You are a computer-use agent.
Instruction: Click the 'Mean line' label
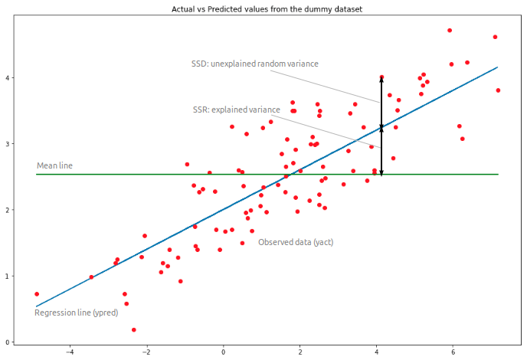pyautogui.click(x=54, y=165)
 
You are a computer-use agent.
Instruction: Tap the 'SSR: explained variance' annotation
pyautogui.click(x=236, y=110)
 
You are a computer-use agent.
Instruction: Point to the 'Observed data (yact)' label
pyautogui.click(x=296, y=242)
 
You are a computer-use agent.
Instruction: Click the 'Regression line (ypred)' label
pyautogui.click(x=76, y=313)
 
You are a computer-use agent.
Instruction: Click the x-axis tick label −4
pyautogui.click(x=70, y=352)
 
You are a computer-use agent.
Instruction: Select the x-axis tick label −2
pyautogui.click(x=146, y=352)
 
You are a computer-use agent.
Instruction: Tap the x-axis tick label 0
pyautogui.click(x=224, y=352)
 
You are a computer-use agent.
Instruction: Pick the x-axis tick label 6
pyautogui.click(x=453, y=352)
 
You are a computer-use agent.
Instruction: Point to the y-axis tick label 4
pyautogui.click(x=8, y=78)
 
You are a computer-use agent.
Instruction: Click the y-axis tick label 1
pyautogui.click(x=8, y=277)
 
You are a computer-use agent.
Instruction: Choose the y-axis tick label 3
pyautogui.click(x=8, y=144)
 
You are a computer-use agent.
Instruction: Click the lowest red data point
pyautogui.click(x=134, y=329)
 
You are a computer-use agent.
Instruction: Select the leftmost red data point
pyautogui.click(x=37, y=293)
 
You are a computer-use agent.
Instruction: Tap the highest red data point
pyautogui.click(x=450, y=31)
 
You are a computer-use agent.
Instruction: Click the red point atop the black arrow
pyautogui.click(x=381, y=77)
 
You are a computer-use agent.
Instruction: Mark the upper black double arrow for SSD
pyautogui.click(x=381, y=102)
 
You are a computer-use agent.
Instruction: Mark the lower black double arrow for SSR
pyautogui.click(x=381, y=150)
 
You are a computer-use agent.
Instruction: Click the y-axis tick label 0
pyautogui.click(x=8, y=342)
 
